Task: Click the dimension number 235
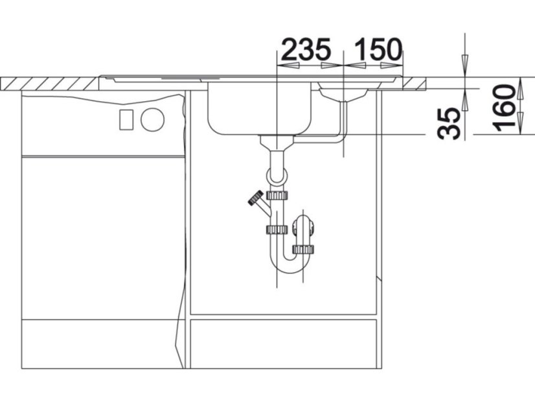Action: [x=306, y=49]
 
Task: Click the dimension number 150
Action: [x=378, y=49]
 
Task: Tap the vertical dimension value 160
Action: [x=505, y=108]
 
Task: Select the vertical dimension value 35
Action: [x=449, y=123]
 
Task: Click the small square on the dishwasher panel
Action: [x=126, y=119]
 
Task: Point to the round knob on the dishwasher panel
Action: [x=152, y=119]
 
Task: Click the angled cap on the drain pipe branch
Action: [x=256, y=198]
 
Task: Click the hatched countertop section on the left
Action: [x=50, y=84]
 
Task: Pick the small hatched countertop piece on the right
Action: [x=415, y=84]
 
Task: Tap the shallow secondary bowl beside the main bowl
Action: [x=343, y=91]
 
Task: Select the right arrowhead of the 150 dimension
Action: [x=392, y=65]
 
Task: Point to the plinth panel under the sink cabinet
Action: [x=283, y=344]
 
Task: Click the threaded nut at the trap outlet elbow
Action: [x=303, y=250]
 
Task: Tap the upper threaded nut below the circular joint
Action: [x=277, y=195]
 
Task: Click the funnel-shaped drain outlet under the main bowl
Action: [x=277, y=143]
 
